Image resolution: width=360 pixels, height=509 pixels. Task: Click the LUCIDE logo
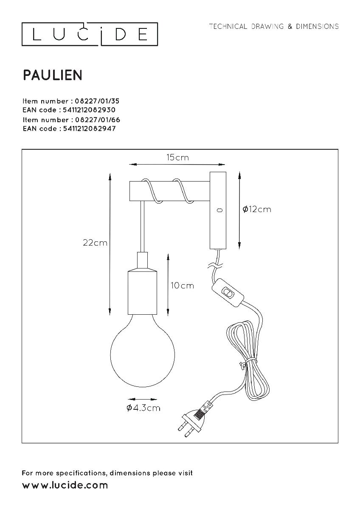(x=90, y=34)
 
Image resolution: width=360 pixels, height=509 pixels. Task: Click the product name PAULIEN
(x=52, y=75)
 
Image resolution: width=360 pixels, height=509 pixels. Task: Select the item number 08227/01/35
(x=94, y=101)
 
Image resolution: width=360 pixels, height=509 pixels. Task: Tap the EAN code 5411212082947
(x=89, y=129)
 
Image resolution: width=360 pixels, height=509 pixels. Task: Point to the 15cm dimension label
(x=177, y=157)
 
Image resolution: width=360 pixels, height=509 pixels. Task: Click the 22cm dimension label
(x=95, y=243)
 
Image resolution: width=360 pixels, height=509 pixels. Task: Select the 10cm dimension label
(x=182, y=285)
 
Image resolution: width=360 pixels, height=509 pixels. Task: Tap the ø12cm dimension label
(x=256, y=209)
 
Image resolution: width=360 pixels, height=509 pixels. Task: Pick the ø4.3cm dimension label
(x=143, y=408)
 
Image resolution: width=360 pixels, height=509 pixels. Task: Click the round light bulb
(x=133, y=351)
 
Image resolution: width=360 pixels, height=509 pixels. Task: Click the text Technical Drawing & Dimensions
(x=274, y=27)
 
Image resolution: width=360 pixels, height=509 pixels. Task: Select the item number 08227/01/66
(x=94, y=120)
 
